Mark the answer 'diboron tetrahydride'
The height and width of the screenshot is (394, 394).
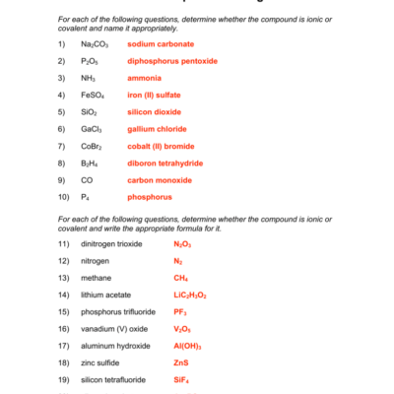167,163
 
